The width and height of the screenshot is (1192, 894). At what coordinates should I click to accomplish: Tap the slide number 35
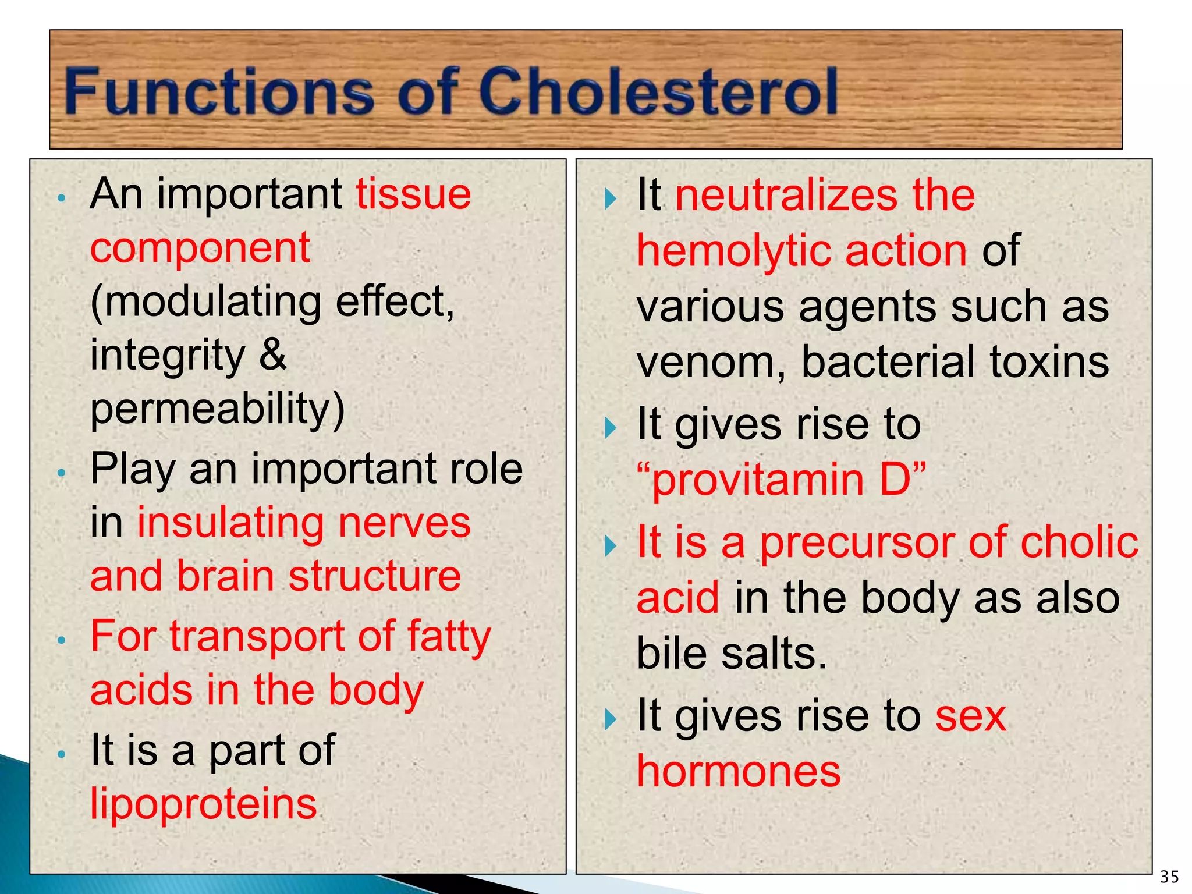1169,877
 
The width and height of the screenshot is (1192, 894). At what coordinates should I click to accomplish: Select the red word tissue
413,194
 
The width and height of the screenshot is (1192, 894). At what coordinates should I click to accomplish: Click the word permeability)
218,409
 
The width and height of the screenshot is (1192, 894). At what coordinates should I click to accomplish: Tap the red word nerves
405,523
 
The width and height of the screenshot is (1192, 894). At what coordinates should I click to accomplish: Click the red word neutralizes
786,196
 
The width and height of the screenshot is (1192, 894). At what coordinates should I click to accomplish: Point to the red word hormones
739,772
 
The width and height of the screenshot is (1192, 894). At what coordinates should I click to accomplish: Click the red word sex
970,716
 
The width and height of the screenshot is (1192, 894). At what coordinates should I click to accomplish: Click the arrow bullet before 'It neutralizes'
610,199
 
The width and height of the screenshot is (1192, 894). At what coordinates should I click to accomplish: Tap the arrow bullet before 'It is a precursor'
610,546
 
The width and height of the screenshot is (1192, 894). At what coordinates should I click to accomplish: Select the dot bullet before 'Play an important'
61,473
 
